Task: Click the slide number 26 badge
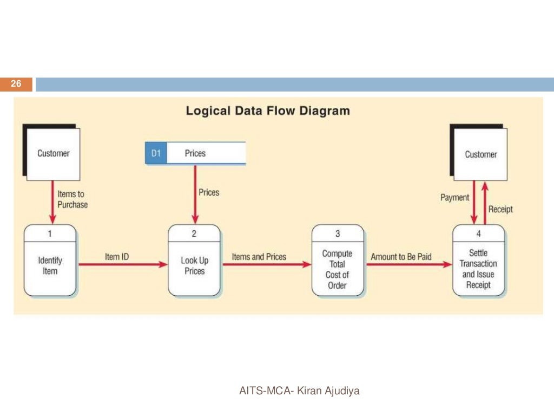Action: click(16, 84)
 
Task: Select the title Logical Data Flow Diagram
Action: click(268, 111)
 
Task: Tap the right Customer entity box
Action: click(480, 154)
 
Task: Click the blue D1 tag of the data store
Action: click(156, 153)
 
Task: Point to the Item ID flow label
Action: click(117, 256)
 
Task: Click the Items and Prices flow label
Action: click(259, 256)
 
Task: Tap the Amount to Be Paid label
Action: click(401, 256)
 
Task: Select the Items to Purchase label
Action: click(72, 199)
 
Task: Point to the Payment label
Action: click(454, 198)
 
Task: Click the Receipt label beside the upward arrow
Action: click(500, 209)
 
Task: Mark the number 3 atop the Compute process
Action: click(338, 234)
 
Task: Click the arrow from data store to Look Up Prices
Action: click(195, 195)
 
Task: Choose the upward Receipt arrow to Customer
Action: click(485, 203)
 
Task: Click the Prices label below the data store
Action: click(209, 192)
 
